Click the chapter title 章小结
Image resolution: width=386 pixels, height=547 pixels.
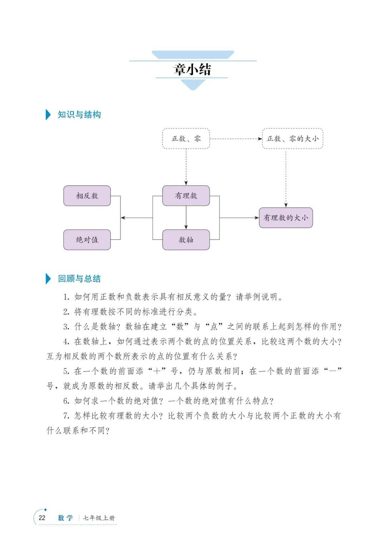pyautogui.click(x=192, y=69)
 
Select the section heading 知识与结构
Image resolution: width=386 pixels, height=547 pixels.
pyautogui.click(x=79, y=115)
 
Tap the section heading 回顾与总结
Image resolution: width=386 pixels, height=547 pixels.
pyautogui.click(x=79, y=279)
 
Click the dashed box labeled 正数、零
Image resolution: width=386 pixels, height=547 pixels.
pyautogui.click(x=186, y=139)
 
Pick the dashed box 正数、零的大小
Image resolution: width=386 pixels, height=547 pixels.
pyautogui.click(x=293, y=139)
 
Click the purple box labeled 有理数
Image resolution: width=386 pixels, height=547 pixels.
pyautogui.click(x=186, y=195)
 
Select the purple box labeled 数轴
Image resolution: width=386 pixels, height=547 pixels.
pyautogui.click(x=186, y=240)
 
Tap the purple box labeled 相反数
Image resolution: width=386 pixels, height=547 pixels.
pyautogui.click(x=87, y=195)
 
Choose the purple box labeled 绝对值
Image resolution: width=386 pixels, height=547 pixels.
pyautogui.click(x=87, y=240)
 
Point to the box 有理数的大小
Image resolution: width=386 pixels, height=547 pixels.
pyautogui.click(x=286, y=218)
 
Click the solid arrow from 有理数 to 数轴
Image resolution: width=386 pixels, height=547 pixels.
pyautogui.click(x=186, y=218)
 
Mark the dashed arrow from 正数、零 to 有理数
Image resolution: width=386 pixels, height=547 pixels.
pyautogui.click(x=186, y=167)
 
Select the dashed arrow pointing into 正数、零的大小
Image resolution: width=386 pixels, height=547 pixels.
pyautogui.click(x=236, y=139)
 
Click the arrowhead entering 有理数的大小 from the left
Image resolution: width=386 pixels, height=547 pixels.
pyautogui.click(x=257, y=218)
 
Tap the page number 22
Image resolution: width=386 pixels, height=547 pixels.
pyautogui.click(x=42, y=518)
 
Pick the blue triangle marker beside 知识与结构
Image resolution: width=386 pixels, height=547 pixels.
pyautogui.click(x=48, y=115)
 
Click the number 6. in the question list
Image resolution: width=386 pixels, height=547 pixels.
pyautogui.click(x=66, y=401)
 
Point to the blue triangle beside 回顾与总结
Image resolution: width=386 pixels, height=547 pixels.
pyautogui.click(x=48, y=279)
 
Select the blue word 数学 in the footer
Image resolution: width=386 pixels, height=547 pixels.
pyautogui.click(x=65, y=518)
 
